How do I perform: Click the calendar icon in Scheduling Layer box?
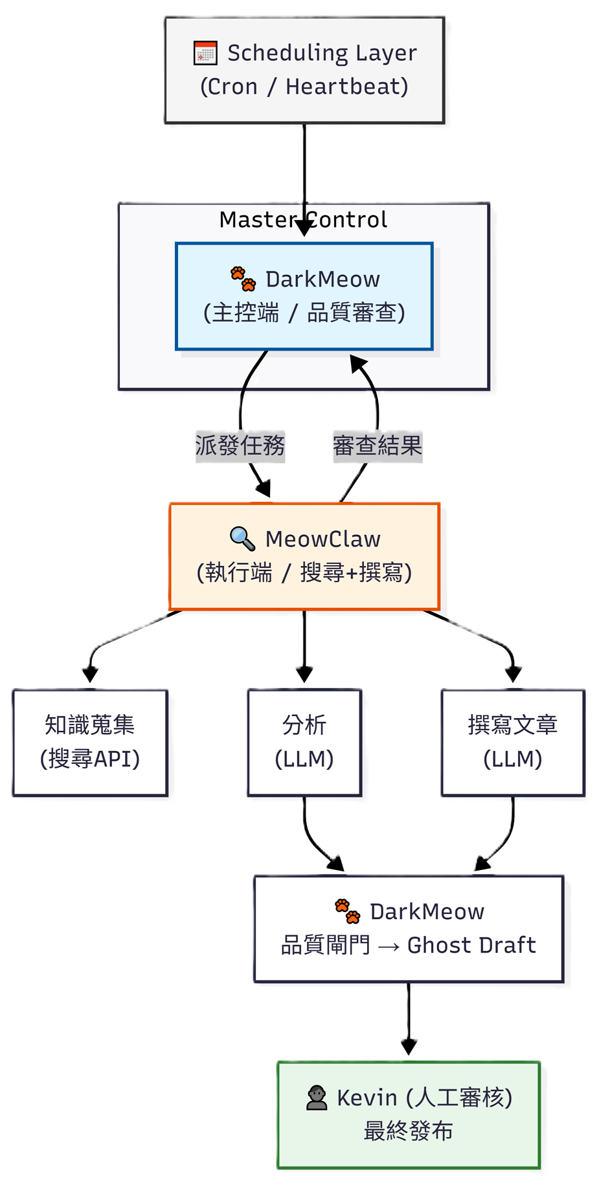click(205, 53)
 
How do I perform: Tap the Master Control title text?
click(303, 220)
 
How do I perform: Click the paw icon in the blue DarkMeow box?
click(243, 279)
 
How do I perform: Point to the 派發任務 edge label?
click(240, 446)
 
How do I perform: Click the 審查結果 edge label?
click(377, 446)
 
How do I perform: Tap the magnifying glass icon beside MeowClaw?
click(242, 538)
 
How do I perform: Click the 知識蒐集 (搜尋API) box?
click(90, 742)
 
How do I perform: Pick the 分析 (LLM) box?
click(304, 742)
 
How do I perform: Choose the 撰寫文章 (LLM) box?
click(512, 742)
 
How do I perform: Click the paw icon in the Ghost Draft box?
click(347, 911)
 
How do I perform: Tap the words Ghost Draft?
click(471, 945)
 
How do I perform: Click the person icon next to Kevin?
click(317, 1098)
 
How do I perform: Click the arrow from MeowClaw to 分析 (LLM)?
click(304, 647)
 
